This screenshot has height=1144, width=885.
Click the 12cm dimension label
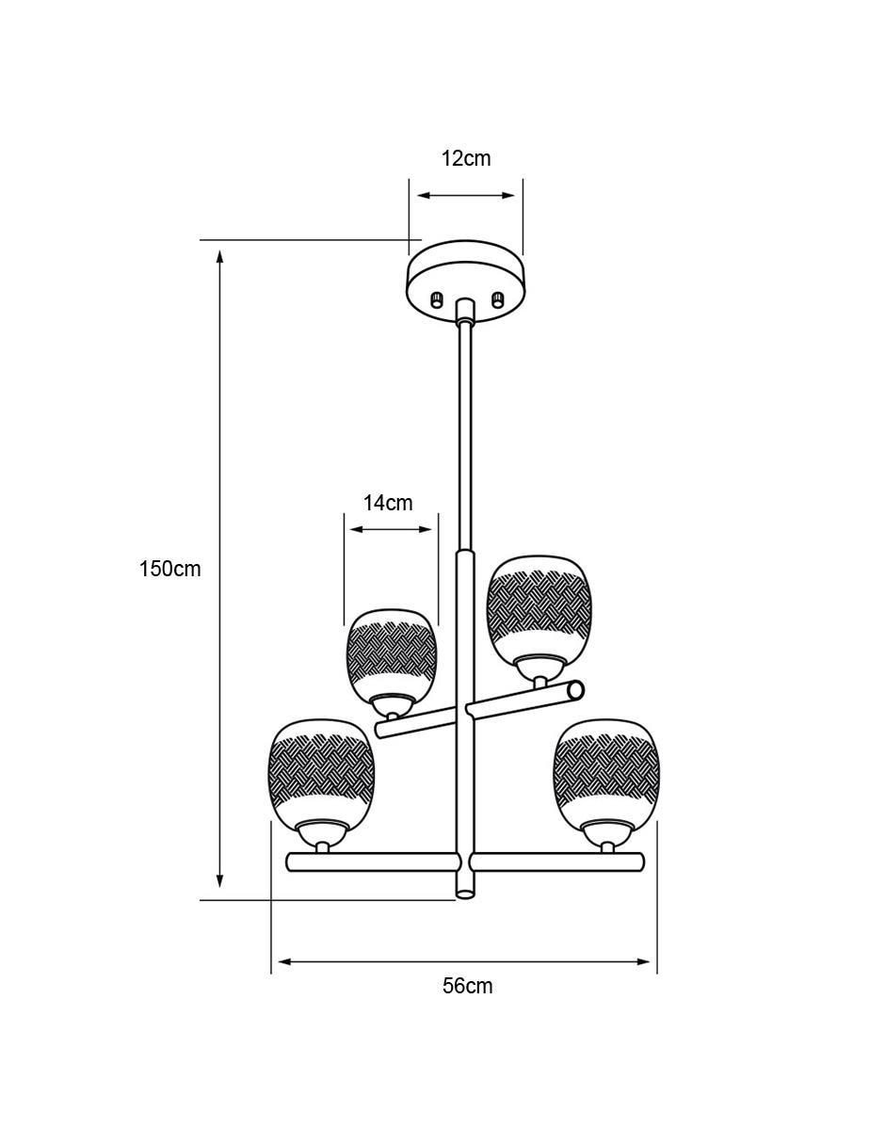466,158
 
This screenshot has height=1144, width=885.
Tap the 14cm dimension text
388,504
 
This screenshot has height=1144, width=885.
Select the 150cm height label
170,569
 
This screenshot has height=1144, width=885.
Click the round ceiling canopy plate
466,281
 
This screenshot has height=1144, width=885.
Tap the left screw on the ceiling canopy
436,300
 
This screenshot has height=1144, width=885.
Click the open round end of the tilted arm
576,689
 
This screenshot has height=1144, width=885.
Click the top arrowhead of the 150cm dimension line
220,257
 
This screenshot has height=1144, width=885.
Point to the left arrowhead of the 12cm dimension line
425,196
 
